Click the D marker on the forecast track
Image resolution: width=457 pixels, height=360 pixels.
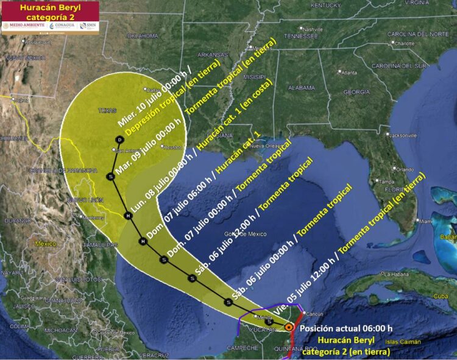tap(120, 140)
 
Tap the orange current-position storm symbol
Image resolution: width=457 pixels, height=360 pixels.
tap(288, 327)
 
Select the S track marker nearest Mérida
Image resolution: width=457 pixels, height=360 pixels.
tap(269, 321)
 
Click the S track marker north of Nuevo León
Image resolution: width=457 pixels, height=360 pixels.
tap(110, 177)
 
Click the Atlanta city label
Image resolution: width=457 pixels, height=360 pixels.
tap(349, 72)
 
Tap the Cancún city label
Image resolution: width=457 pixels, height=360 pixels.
tap(311, 314)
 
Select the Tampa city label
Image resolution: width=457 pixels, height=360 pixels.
tap(386, 182)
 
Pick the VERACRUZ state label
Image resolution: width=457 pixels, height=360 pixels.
tap(153, 355)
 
